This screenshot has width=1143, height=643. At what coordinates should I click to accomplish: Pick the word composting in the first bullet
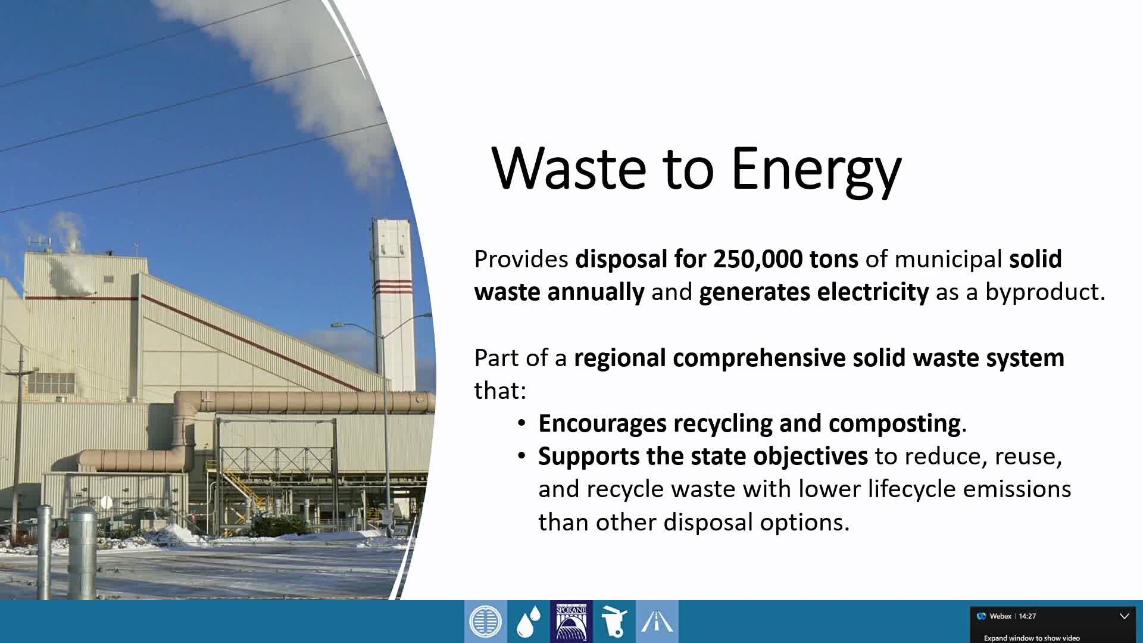click(894, 423)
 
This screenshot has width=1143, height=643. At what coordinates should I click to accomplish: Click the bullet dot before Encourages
click(521, 423)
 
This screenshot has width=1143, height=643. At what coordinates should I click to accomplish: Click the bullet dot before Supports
click(521, 457)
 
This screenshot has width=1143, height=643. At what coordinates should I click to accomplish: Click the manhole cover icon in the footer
click(485, 622)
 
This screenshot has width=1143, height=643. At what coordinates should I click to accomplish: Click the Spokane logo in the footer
click(571, 622)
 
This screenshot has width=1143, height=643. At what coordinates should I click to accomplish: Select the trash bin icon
click(614, 622)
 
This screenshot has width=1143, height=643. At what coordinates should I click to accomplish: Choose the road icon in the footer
click(657, 622)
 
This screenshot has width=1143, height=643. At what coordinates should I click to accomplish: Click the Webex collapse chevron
click(1124, 616)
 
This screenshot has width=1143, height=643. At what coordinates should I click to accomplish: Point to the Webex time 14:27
click(1027, 616)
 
